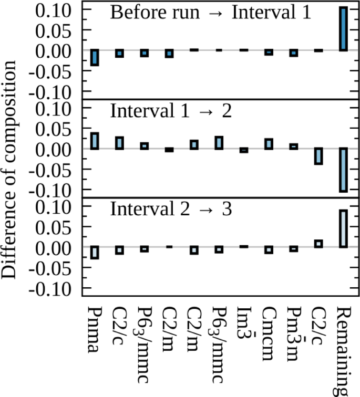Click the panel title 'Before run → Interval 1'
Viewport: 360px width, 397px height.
coord(210,13)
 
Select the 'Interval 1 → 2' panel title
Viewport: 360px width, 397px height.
coord(171,111)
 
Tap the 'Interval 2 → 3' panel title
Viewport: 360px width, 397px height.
coord(171,209)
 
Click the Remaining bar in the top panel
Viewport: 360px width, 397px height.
coord(343,29)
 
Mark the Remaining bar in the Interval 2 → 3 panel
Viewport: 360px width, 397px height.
coord(343,228)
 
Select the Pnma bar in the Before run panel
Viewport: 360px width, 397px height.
coord(95,57)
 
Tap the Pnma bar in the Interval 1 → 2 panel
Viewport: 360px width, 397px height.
coord(95,141)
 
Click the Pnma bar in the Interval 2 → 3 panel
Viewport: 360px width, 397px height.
coord(95,252)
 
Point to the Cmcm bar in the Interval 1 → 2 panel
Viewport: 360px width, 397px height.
coord(269,144)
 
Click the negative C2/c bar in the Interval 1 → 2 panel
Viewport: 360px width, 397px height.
coord(318,156)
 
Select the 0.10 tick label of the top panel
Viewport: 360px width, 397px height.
coord(54,10)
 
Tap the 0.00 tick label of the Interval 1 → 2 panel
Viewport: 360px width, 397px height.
coord(54,149)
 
